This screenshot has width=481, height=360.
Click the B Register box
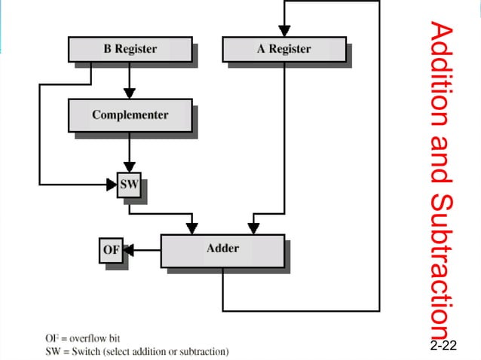[130, 50]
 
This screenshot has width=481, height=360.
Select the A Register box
[284, 50]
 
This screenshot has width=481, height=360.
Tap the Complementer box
[130, 115]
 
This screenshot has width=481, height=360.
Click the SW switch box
[128, 184]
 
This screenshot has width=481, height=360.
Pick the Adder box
[222, 249]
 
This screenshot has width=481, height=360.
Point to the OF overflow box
[111, 249]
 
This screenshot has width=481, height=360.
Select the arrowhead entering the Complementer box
[130, 94]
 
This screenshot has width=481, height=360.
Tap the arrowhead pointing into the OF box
[129, 249]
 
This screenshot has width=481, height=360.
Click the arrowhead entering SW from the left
[110, 184]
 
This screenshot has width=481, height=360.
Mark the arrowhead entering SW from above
[130, 166]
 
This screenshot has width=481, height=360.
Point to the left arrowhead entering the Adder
[192, 227]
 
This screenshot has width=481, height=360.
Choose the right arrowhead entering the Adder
[254, 227]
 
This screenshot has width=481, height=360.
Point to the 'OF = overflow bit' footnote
[82, 338]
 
